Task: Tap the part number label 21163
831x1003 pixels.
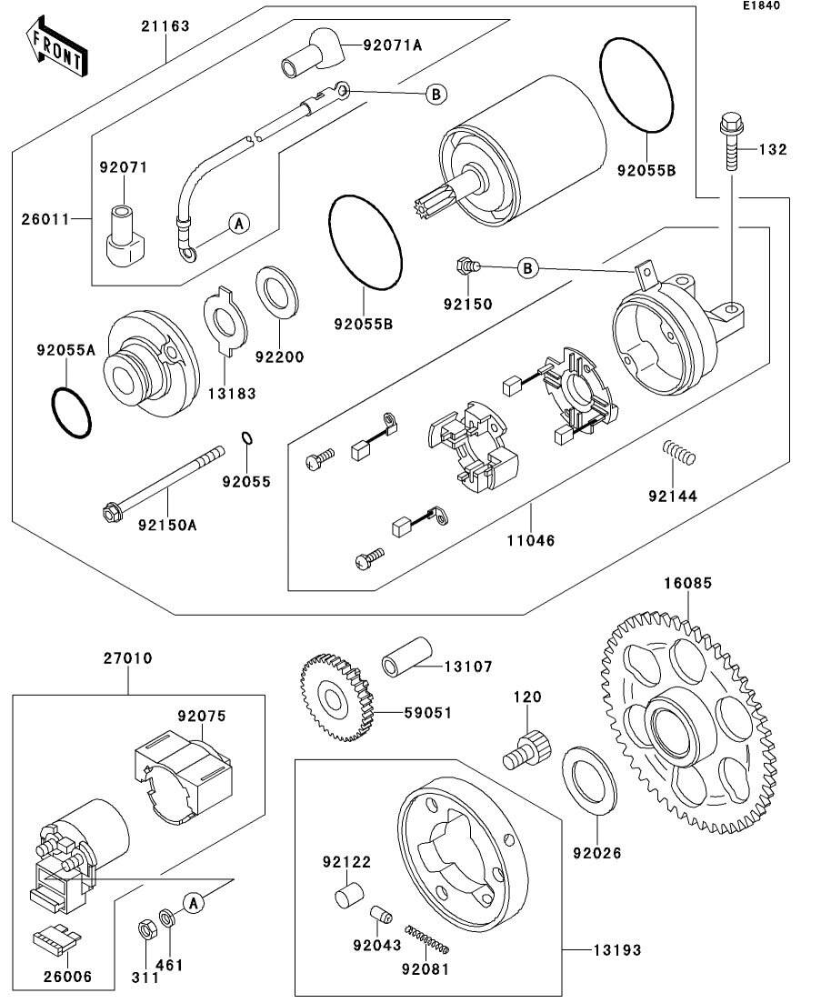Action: tap(165, 26)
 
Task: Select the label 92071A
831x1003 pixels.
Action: tap(393, 44)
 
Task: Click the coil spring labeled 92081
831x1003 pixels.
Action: tap(430, 939)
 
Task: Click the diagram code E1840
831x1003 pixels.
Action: tap(760, 5)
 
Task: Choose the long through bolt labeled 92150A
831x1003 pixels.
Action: tap(164, 483)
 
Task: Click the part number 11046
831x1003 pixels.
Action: tap(532, 540)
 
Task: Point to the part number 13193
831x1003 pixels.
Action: tap(618, 950)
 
